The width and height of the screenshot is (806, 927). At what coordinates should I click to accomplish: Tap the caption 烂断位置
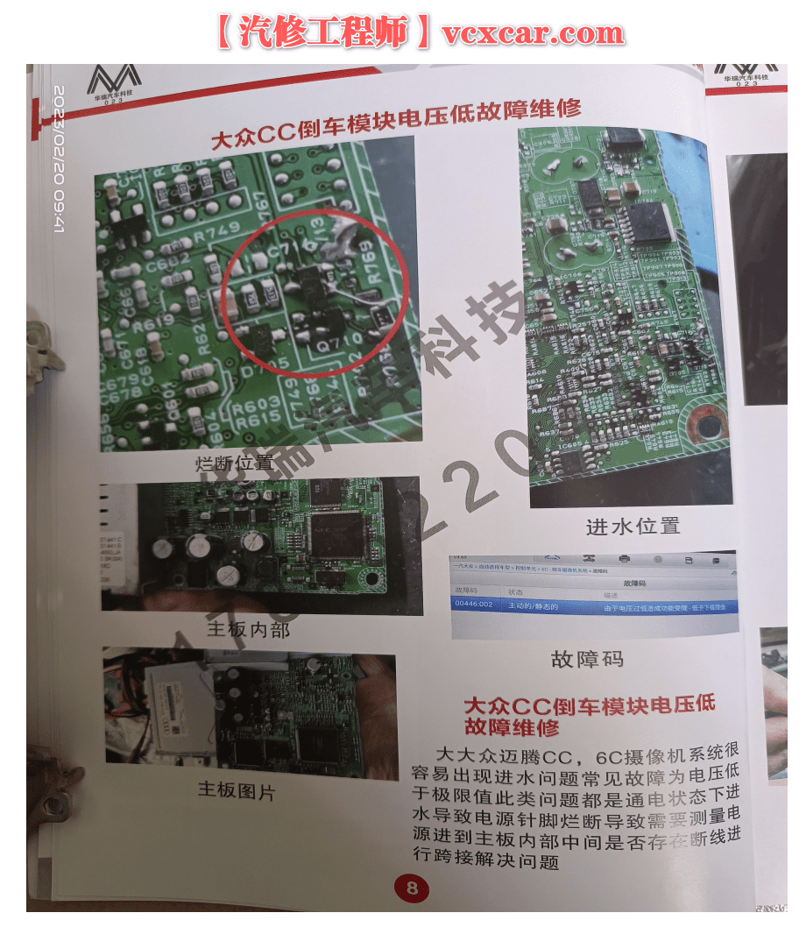click(x=234, y=462)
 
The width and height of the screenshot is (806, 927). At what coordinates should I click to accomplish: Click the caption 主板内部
click(x=248, y=628)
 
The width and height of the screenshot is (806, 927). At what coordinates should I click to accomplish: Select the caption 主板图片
click(x=236, y=791)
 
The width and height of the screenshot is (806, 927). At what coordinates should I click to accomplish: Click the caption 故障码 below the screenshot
click(x=587, y=658)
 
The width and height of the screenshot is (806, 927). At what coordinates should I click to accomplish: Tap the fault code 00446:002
click(x=474, y=605)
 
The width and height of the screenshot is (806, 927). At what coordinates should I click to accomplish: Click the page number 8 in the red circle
click(x=411, y=889)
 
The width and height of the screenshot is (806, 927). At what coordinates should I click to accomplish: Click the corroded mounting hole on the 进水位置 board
click(x=705, y=424)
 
